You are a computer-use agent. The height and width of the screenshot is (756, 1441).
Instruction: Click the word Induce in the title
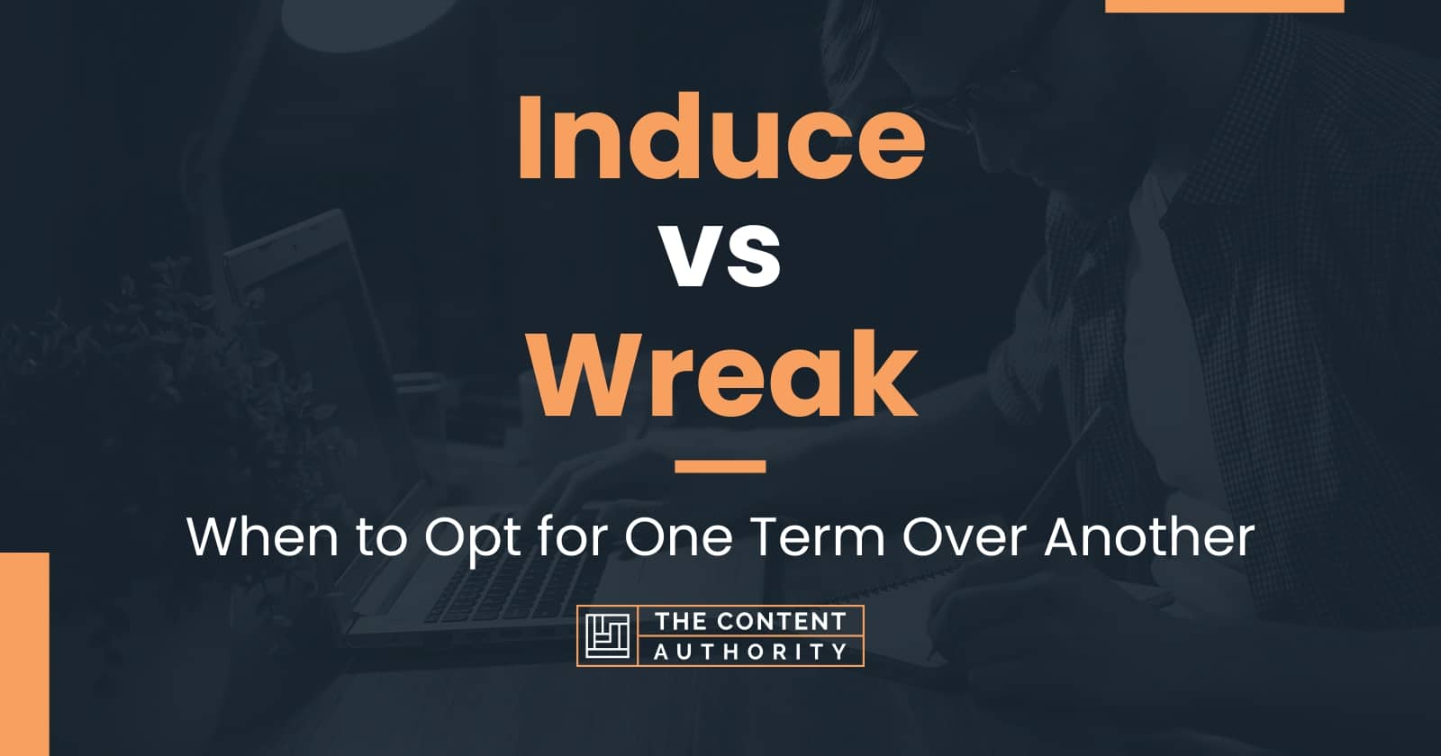(x=720, y=138)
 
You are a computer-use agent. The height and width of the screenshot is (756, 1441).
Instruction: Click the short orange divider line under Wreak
(x=720, y=466)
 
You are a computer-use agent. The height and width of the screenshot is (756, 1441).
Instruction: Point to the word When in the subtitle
(x=262, y=536)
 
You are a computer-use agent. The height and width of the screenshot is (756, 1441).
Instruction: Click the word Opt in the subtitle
(x=473, y=540)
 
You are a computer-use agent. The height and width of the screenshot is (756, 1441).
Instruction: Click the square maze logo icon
(x=607, y=635)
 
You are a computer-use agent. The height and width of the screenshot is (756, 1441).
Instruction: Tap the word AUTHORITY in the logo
(x=751, y=652)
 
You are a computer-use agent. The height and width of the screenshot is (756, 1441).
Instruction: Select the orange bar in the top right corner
(x=1224, y=5)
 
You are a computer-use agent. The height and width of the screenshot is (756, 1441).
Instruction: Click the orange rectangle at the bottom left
(x=24, y=653)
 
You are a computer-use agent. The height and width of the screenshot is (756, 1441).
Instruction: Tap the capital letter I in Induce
(x=531, y=138)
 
